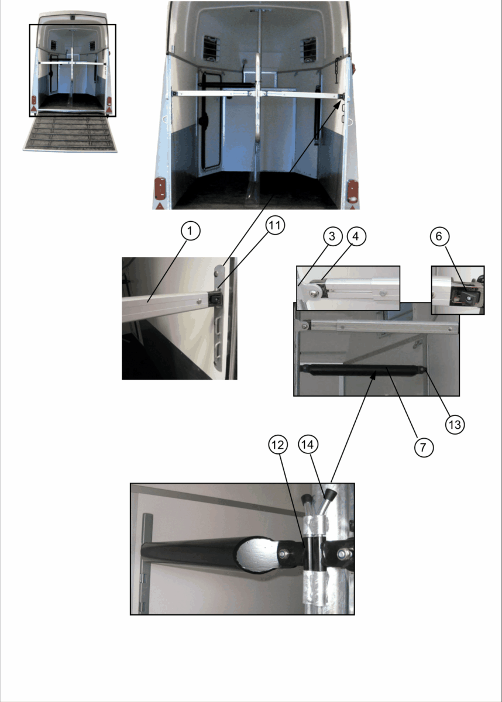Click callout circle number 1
click(x=191, y=231)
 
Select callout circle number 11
click(x=275, y=225)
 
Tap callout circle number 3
click(x=332, y=236)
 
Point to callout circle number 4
click(x=356, y=236)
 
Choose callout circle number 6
click(x=439, y=236)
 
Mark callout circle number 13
click(x=455, y=425)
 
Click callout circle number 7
click(x=424, y=447)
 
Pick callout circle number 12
click(x=278, y=445)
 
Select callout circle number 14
click(x=308, y=445)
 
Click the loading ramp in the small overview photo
click(x=70, y=134)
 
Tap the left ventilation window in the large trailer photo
click(x=211, y=48)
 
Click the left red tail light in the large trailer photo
click(x=160, y=188)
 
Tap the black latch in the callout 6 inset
click(x=466, y=295)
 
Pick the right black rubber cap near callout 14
click(x=331, y=494)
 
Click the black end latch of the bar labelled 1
click(x=215, y=300)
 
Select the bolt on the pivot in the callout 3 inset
click(x=314, y=292)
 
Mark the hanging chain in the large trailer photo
click(x=338, y=71)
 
